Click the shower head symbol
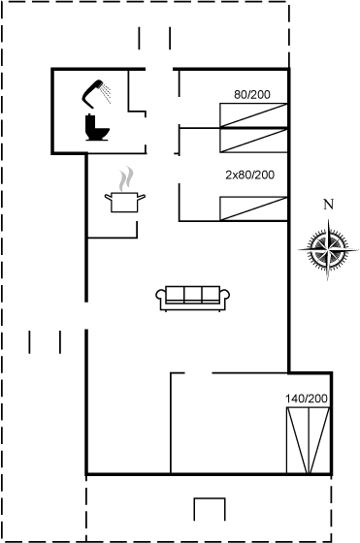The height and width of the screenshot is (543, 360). click(x=91, y=93)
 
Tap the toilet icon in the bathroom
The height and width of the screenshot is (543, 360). click(x=97, y=128)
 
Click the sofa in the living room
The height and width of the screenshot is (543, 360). click(x=193, y=299)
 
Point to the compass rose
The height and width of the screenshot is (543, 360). click(x=328, y=249)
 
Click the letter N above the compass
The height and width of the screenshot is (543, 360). click(x=328, y=205)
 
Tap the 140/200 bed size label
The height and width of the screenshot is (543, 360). click(x=307, y=399)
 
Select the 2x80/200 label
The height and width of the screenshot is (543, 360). click(x=249, y=175)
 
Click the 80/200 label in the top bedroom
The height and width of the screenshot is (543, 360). click(x=252, y=94)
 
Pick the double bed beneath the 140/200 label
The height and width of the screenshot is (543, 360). click(x=308, y=440)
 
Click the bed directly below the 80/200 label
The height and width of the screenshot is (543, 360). click(x=253, y=115)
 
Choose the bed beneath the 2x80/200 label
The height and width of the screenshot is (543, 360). click(x=253, y=208)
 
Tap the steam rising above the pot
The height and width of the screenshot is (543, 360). click(x=126, y=178)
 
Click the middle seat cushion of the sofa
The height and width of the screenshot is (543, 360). click(x=193, y=295)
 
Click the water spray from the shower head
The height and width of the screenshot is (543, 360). click(x=106, y=93)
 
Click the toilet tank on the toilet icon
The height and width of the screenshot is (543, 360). click(x=90, y=123)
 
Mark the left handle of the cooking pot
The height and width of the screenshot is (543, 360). click(x=108, y=198)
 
